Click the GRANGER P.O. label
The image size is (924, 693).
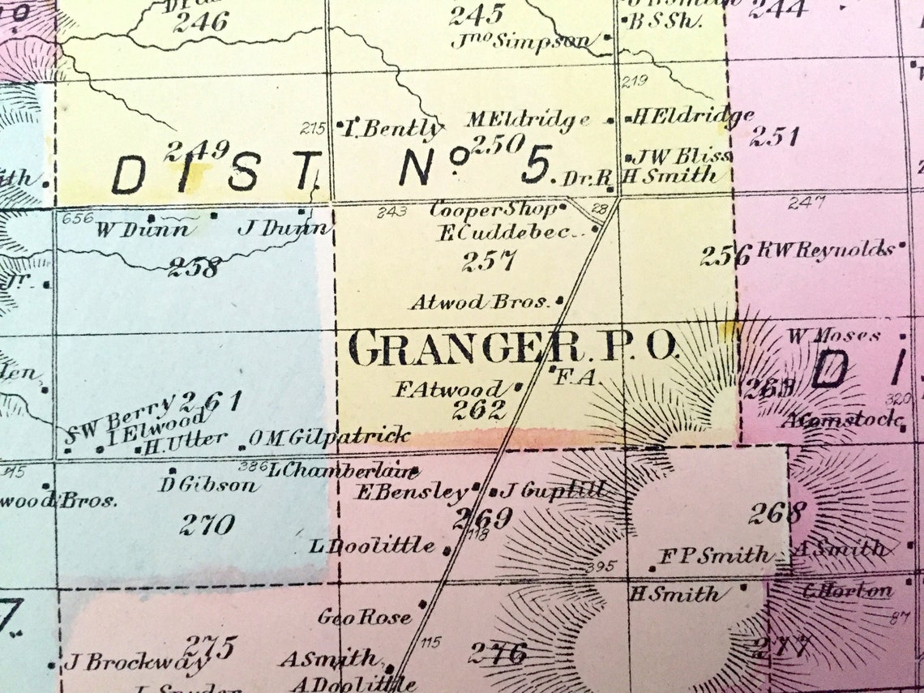click(512, 349)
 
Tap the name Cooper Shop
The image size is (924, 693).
click(493, 210)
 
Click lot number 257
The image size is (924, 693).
click(489, 261)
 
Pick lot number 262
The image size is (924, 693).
click(479, 410)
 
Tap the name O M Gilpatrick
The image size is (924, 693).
click(329, 437)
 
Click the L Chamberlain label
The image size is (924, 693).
click(344, 470)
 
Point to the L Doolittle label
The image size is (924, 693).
click(372, 546)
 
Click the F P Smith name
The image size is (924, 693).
click(714, 556)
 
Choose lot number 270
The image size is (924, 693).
click(207, 524)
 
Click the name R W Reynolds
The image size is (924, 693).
click(825, 250)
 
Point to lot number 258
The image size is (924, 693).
click(194, 267)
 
